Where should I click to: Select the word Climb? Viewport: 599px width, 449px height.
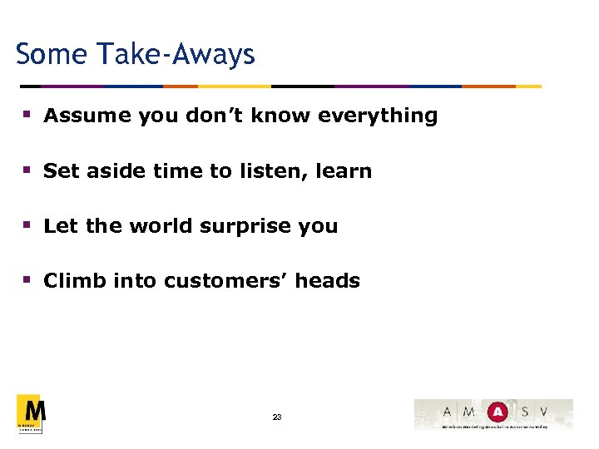point(70,281)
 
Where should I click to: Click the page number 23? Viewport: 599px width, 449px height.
point(277,417)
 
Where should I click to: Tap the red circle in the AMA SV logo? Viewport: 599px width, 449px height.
point(497,412)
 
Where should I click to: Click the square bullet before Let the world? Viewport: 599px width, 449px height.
point(27,226)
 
